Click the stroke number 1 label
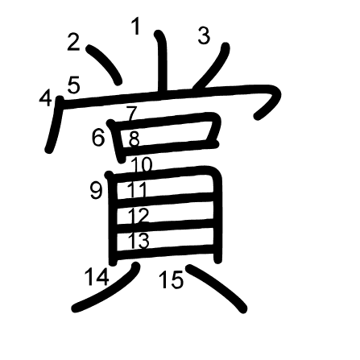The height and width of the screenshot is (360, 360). pyautogui.click(x=136, y=27)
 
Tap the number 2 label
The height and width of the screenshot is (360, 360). pyautogui.click(x=73, y=42)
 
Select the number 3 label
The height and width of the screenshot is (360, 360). pyautogui.click(x=204, y=36)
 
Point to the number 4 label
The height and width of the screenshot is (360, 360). pyautogui.click(x=45, y=97)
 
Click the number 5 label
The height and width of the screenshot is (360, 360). pyautogui.click(x=74, y=85)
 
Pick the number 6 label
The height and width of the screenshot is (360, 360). pyautogui.click(x=97, y=138)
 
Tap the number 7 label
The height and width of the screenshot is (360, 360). pyautogui.click(x=132, y=114)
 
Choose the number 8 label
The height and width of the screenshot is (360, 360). pyautogui.click(x=134, y=139)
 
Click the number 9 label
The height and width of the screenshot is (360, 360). pyautogui.click(x=96, y=191)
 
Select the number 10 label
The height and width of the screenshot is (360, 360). pyautogui.click(x=142, y=165)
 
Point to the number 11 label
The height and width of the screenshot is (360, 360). pyautogui.click(x=137, y=189)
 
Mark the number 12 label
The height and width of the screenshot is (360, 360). pyautogui.click(x=139, y=216)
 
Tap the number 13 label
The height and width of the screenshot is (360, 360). pyautogui.click(x=139, y=240)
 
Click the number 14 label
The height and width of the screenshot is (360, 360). pyautogui.click(x=97, y=277)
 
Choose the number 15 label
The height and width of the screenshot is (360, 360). pyautogui.click(x=172, y=279)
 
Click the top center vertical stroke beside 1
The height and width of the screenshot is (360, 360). pyautogui.click(x=163, y=63)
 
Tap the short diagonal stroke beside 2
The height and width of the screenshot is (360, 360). pyautogui.click(x=105, y=64)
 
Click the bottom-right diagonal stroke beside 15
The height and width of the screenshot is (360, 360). pyautogui.click(x=217, y=288)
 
